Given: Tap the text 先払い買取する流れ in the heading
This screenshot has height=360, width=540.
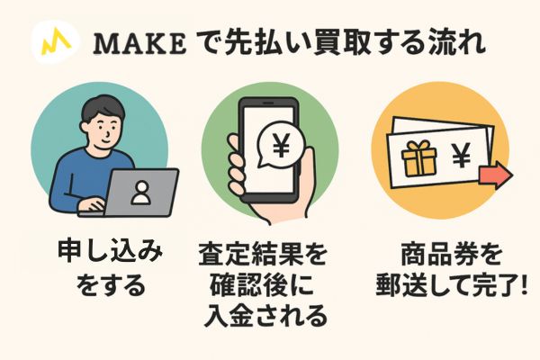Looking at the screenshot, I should (343, 42).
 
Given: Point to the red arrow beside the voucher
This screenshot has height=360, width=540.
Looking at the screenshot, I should (493, 172).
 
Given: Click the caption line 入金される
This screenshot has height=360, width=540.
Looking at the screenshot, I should (270, 319).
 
